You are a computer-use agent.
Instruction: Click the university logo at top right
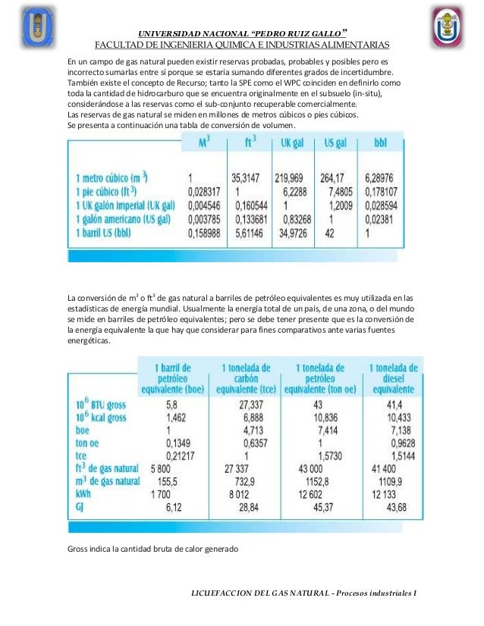[x=449, y=27]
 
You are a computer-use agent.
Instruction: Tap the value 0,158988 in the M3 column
[x=204, y=235]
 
